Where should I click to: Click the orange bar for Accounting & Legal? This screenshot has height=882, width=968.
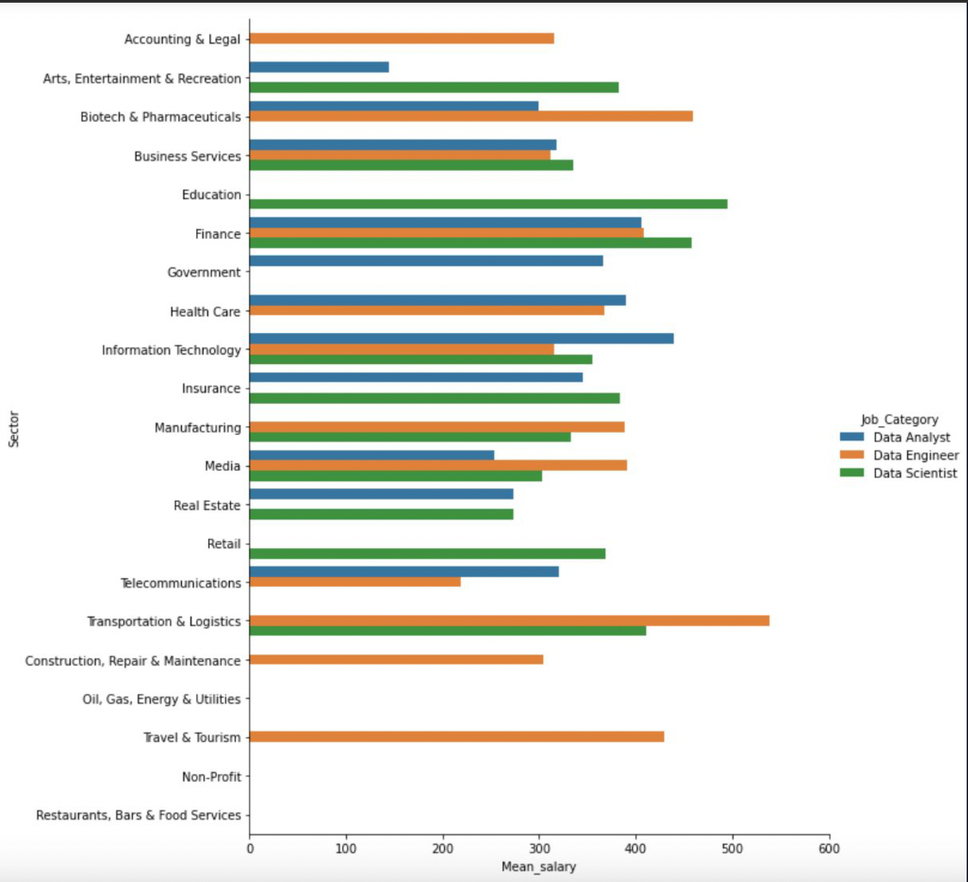pyautogui.click(x=402, y=39)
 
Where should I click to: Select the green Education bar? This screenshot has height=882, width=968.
pyautogui.click(x=488, y=204)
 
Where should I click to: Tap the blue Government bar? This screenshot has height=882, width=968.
pyautogui.click(x=426, y=261)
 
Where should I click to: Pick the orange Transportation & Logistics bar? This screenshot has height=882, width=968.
pyautogui.click(x=509, y=621)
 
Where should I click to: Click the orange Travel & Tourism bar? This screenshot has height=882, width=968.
pyautogui.click(x=456, y=737)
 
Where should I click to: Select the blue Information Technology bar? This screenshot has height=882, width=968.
pyautogui.click(x=461, y=339)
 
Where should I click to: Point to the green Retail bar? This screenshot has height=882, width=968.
pyautogui.click(x=427, y=554)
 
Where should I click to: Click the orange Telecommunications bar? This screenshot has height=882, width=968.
pyautogui.click(x=355, y=582)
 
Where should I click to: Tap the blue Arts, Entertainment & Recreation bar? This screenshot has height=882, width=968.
pyautogui.click(x=319, y=67)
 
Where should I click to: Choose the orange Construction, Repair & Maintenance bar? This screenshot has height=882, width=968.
pyautogui.click(x=396, y=659)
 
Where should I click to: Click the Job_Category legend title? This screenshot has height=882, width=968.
pyautogui.click(x=899, y=419)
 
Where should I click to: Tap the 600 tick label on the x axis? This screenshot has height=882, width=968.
pyautogui.click(x=829, y=848)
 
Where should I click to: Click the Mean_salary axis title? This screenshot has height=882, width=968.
pyautogui.click(x=539, y=866)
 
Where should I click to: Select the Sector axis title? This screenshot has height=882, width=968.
pyautogui.click(x=14, y=429)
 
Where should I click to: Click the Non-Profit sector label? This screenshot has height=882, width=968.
pyautogui.click(x=211, y=776)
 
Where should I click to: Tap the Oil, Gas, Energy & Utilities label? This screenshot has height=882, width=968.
pyautogui.click(x=162, y=699)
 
